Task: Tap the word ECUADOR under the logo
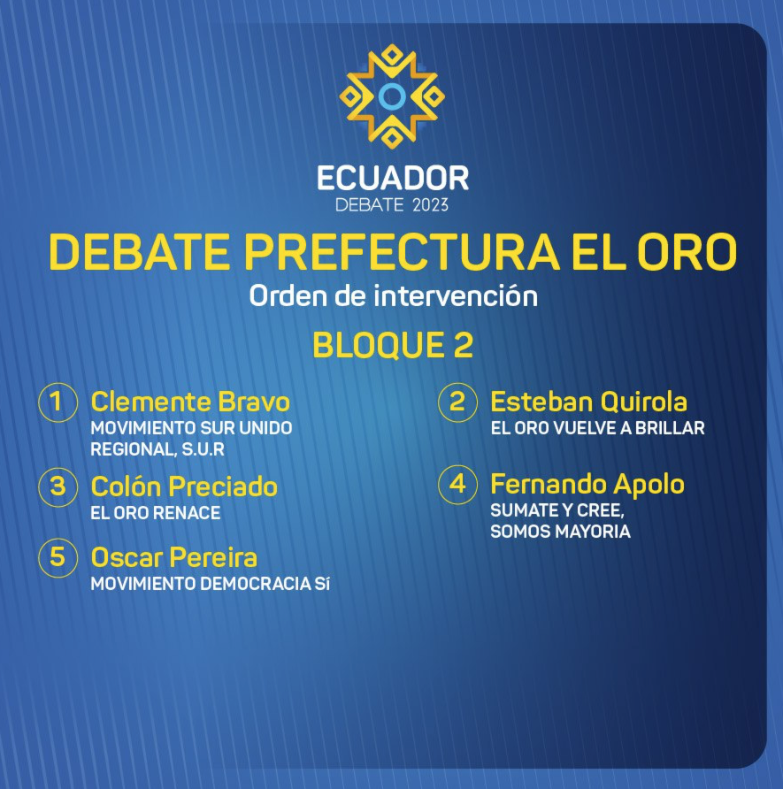tap(393, 178)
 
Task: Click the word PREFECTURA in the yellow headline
tap(402, 252)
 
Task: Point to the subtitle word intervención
tap(456, 295)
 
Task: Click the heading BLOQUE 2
tap(393, 345)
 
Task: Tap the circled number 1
tap(58, 402)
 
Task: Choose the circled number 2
tap(457, 402)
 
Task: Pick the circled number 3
tap(58, 486)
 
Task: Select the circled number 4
tap(457, 485)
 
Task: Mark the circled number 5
tap(58, 557)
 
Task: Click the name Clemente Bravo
tap(190, 402)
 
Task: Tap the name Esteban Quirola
tap(588, 402)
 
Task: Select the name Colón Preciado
tap(184, 486)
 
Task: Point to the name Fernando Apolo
tap(587, 484)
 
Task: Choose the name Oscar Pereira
tap(173, 557)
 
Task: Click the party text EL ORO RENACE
tap(156, 513)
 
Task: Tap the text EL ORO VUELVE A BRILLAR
tap(597, 428)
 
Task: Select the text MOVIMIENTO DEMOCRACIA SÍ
tap(210, 584)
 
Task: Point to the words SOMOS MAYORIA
tap(560, 532)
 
